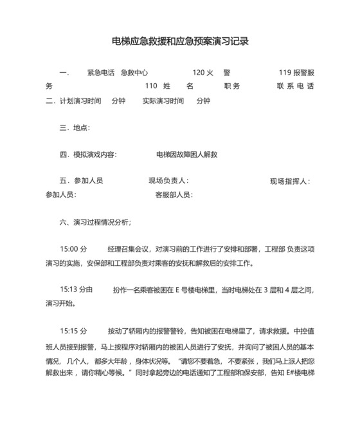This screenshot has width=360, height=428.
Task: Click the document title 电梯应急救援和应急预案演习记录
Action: tap(180, 41)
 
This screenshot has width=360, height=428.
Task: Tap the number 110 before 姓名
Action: tap(151, 86)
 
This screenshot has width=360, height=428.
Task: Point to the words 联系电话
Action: tap(295, 86)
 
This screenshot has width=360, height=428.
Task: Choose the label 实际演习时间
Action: tap(163, 101)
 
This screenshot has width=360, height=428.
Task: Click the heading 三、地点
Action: tap(75, 128)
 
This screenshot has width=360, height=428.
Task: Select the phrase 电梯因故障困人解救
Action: tap(187, 154)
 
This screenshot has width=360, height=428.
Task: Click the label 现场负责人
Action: tap(168, 181)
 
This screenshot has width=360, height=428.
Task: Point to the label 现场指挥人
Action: tap(289, 181)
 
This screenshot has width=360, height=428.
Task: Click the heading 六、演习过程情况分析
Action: tap(95, 222)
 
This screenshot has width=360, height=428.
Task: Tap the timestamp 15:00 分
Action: tap(73, 249)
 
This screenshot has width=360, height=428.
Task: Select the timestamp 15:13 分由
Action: tap(76, 289)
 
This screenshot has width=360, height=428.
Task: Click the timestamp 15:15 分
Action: tap(73, 331)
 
